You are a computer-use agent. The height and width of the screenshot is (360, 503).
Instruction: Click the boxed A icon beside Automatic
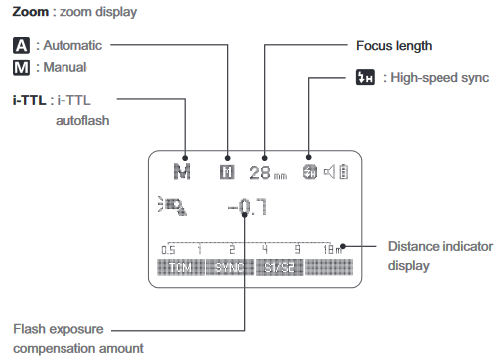(21, 46)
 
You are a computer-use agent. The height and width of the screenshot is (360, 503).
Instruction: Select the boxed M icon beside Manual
(21, 68)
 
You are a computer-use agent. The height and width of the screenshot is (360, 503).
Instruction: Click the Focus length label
(394, 46)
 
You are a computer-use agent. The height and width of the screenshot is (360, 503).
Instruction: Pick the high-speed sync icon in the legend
(365, 77)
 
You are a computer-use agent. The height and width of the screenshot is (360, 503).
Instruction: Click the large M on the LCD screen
(181, 170)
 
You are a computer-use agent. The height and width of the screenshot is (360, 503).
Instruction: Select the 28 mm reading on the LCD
(267, 172)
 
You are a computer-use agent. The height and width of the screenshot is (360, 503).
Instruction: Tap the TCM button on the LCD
(179, 268)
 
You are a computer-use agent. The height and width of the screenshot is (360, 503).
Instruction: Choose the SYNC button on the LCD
(229, 268)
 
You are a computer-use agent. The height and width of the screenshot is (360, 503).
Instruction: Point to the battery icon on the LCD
(343, 171)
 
